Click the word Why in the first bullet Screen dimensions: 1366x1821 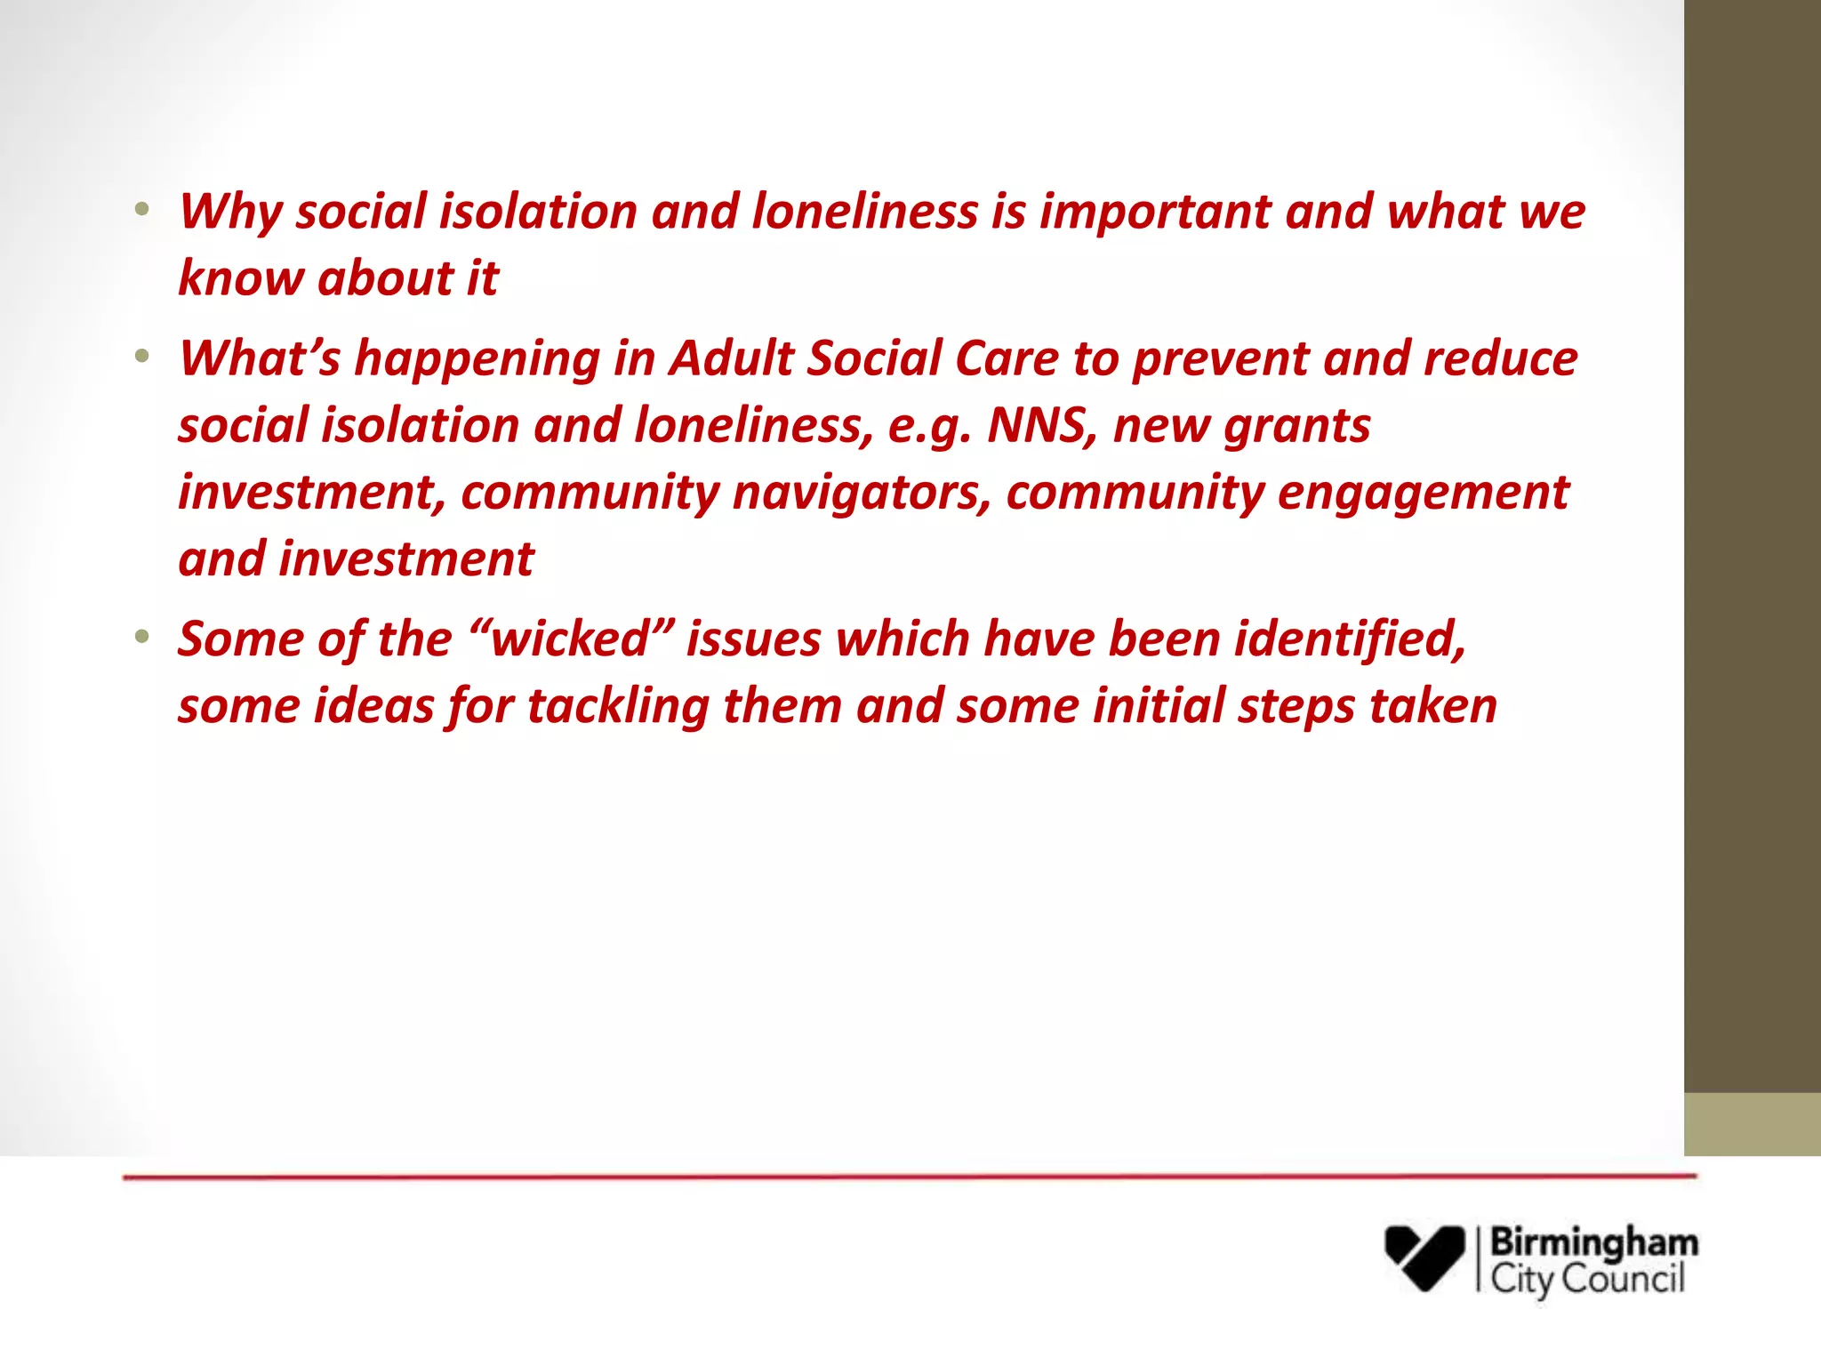(230, 213)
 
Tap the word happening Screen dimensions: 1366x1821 (477, 359)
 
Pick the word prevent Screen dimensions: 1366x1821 (1220, 359)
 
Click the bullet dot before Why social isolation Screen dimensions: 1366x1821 (142, 211)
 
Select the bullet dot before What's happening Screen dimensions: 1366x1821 (142, 358)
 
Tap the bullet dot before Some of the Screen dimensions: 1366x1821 (142, 638)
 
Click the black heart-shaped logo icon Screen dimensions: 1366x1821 (1424, 1257)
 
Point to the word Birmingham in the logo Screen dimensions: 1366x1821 (1593, 1242)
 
